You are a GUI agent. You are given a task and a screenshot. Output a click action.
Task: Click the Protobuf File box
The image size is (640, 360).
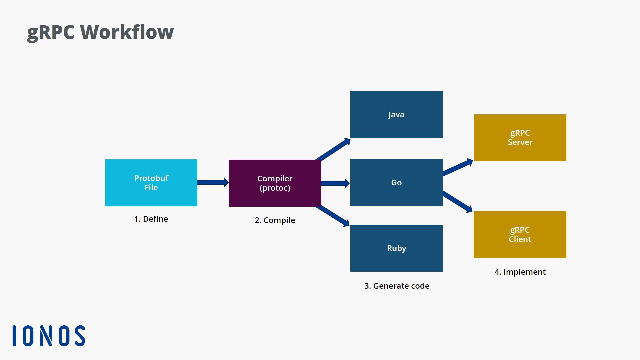click(151, 183)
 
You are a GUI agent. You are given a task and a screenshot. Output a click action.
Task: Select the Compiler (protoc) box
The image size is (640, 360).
click(275, 183)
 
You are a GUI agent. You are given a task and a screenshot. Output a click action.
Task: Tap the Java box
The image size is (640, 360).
click(396, 114)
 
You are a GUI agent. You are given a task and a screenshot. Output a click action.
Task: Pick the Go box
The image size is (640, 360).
click(396, 182)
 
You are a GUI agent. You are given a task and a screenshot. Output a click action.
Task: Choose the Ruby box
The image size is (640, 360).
click(396, 248)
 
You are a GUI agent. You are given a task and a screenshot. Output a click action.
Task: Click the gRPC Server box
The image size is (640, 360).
click(520, 138)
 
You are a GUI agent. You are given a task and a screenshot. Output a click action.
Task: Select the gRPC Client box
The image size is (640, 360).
click(520, 234)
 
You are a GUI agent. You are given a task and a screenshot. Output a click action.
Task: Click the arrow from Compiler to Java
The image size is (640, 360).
click(333, 149)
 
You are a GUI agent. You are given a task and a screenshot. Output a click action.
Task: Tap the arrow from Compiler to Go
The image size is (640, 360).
click(335, 183)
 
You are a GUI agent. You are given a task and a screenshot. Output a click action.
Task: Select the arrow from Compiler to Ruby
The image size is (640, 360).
click(332, 216)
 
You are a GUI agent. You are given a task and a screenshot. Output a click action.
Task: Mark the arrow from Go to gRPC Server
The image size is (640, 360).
click(457, 167)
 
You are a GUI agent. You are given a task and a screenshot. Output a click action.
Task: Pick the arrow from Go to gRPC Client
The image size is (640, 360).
click(457, 201)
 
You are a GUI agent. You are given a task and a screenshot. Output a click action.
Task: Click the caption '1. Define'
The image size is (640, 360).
click(151, 219)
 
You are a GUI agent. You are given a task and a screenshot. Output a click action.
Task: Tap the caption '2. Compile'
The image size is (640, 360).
click(275, 220)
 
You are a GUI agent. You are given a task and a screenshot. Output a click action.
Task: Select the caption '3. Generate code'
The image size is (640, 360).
click(397, 286)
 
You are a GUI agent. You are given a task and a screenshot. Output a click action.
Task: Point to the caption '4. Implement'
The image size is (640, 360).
click(520, 272)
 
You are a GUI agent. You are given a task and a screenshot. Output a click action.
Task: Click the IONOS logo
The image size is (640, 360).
click(49, 336)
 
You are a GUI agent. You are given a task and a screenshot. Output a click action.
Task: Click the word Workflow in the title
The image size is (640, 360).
click(127, 32)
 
